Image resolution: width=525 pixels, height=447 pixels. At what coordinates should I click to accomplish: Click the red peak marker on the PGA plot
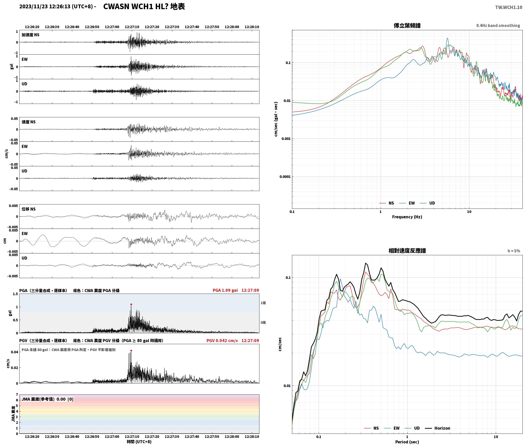[x=131, y=304]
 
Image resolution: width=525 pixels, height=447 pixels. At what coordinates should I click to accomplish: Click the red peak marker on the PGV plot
[x=131, y=350]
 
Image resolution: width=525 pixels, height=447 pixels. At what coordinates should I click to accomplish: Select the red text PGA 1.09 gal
[x=225, y=290]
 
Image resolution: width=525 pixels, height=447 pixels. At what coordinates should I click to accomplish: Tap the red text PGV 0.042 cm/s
[x=222, y=341]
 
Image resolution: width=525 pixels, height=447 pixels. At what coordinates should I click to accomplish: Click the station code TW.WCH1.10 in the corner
[x=509, y=7]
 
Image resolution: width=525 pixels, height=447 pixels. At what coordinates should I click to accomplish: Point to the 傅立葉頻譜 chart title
[x=407, y=25]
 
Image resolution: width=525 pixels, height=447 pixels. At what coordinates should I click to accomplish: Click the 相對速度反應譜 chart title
[x=407, y=251]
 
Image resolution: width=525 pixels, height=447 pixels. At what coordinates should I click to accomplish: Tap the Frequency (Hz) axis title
[x=407, y=217]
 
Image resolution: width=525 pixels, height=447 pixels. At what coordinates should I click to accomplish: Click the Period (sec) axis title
[x=407, y=442]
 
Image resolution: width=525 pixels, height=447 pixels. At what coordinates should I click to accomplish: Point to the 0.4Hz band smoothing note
[x=498, y=26]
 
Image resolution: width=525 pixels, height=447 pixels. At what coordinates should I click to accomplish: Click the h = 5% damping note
[x=514, y=251]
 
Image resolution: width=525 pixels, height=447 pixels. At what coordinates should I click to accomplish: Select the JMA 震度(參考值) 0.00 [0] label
[x=48, y=399]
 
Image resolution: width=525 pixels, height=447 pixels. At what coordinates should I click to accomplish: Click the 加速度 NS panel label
[x=30, y=35]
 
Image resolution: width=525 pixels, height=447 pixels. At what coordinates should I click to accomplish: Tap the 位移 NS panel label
[x=29, y=209]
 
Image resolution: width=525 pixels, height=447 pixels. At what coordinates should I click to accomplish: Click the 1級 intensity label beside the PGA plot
[x=263, y=303]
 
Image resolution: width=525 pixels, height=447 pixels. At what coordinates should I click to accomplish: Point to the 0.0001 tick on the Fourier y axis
[x=285, y=177]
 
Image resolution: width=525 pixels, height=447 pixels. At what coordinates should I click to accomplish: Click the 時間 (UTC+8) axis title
[x=139, y=442]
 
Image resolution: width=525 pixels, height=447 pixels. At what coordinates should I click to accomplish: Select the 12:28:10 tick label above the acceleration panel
[x=252, y=27]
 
